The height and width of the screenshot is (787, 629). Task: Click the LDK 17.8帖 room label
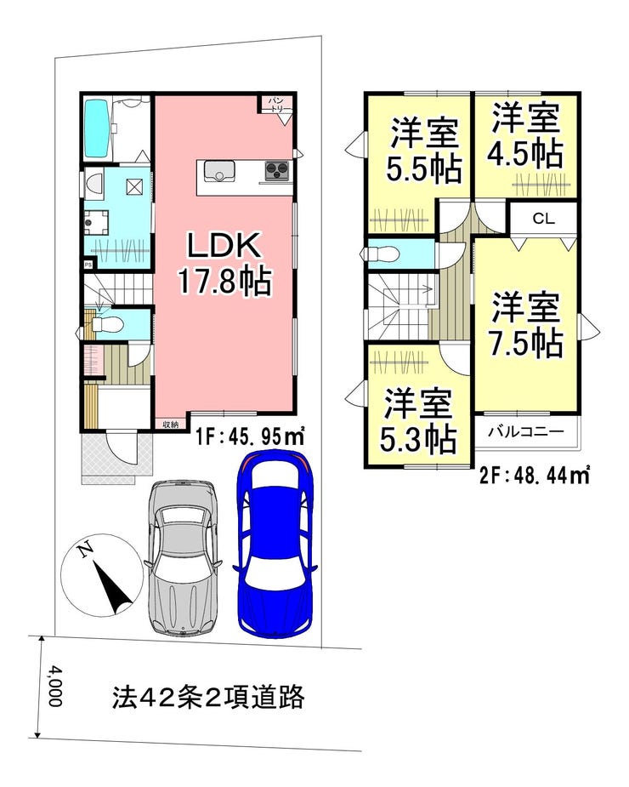click(224, 264)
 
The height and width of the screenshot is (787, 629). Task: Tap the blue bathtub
click(98, 128)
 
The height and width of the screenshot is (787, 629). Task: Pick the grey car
click(183, 556)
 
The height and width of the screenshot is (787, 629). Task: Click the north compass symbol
click(102, 574)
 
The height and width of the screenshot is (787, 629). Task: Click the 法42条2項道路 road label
click(208, 697)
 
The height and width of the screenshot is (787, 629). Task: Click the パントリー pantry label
click(276, 105)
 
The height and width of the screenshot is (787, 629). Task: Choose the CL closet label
click(544, 219)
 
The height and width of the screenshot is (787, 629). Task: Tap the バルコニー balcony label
click(527, 431)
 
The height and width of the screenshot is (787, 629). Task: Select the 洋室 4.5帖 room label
click(526, 135)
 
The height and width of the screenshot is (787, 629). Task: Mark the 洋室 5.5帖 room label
click(424, 150)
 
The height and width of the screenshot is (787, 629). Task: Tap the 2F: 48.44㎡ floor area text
click(534, 475)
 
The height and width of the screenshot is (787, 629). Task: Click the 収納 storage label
click(171, 425)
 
